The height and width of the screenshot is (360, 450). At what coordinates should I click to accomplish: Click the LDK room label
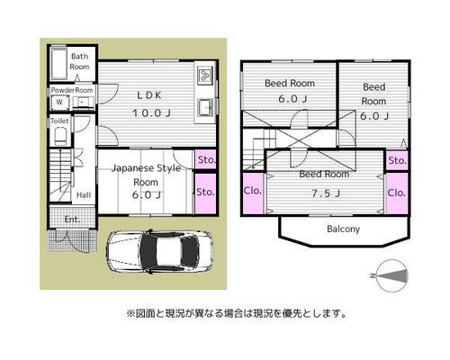pyautogui.click(x=149, y=95)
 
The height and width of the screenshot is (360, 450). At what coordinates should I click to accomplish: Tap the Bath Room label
pyautogui.click(x=79, y=61)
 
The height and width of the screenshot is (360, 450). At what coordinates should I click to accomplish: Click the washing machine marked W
pyautogui.click(x=59, y=102)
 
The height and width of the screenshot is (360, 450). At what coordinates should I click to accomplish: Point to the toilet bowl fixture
pyautogui.click(x=61, y=136)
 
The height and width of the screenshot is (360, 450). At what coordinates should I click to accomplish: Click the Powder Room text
pyautogui.click(x=72, y=90)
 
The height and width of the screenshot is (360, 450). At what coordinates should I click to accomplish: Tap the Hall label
pyautogui.click(x=84, y=195)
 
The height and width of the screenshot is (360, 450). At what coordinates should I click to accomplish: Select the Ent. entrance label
pyautogui.click(x=73, y=220)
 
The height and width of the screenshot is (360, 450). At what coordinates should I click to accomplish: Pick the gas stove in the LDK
pyautogui.click(x=205, y=74)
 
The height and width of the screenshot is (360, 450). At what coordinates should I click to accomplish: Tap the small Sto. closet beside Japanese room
pyautogui.click(x=205, y=159)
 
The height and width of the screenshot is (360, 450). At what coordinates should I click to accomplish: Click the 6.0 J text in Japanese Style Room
pyautogui.click(x=147, y=195)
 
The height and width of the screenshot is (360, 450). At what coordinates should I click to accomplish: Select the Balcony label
pyautogui.click(x=344, y=229)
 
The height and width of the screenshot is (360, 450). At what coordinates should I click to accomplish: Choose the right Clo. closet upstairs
pyautogui.click(x=397, y=193)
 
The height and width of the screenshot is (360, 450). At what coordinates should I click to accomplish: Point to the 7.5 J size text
pyautogui.click(x=326, y=193)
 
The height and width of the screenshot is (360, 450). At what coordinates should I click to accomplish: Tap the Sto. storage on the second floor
pyautogui.click(x=397, y=160)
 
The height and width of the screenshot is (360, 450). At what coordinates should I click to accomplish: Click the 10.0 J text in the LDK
pyautogui.click(x=151, y=113)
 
